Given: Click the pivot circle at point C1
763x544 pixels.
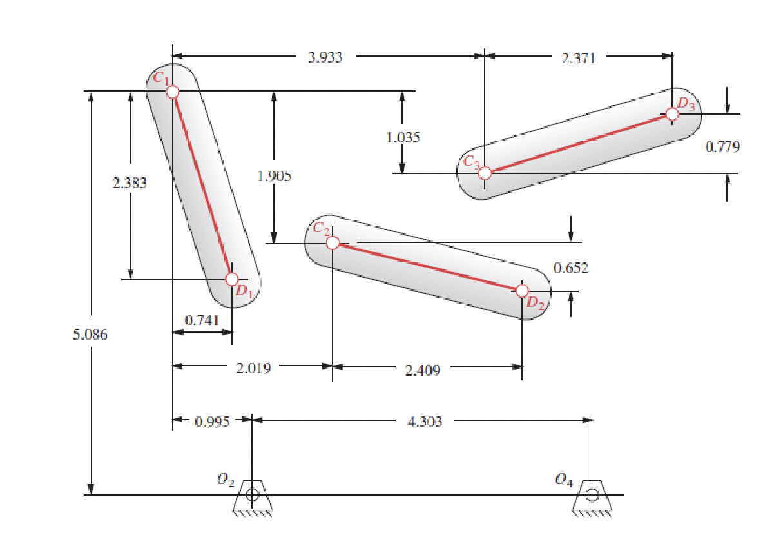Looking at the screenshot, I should (172, 92).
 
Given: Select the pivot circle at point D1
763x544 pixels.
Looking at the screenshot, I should (232, 279).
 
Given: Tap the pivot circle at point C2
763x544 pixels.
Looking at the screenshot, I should (332, 243).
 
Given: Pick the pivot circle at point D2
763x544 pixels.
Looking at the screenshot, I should (522, 291).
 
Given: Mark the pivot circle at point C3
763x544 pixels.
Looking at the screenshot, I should (485, 173).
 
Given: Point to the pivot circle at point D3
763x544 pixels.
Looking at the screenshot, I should (672, 114).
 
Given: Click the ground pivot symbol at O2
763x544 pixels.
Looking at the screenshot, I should (252, 496).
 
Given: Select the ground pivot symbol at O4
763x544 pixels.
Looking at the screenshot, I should (592, 496).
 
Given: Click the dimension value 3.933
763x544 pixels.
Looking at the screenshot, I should (325, 57).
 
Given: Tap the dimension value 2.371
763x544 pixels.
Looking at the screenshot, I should (578, 57).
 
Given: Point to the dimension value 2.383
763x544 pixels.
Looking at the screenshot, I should (130, 183).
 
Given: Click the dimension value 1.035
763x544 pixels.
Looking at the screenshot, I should (403, 137).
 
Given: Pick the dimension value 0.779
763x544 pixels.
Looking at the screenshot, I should (722, 147).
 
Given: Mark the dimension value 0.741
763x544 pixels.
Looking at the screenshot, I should (202, 320).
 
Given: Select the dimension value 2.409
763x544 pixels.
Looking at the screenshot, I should (423, 370).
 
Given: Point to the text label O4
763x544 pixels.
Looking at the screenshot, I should (563, 480).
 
